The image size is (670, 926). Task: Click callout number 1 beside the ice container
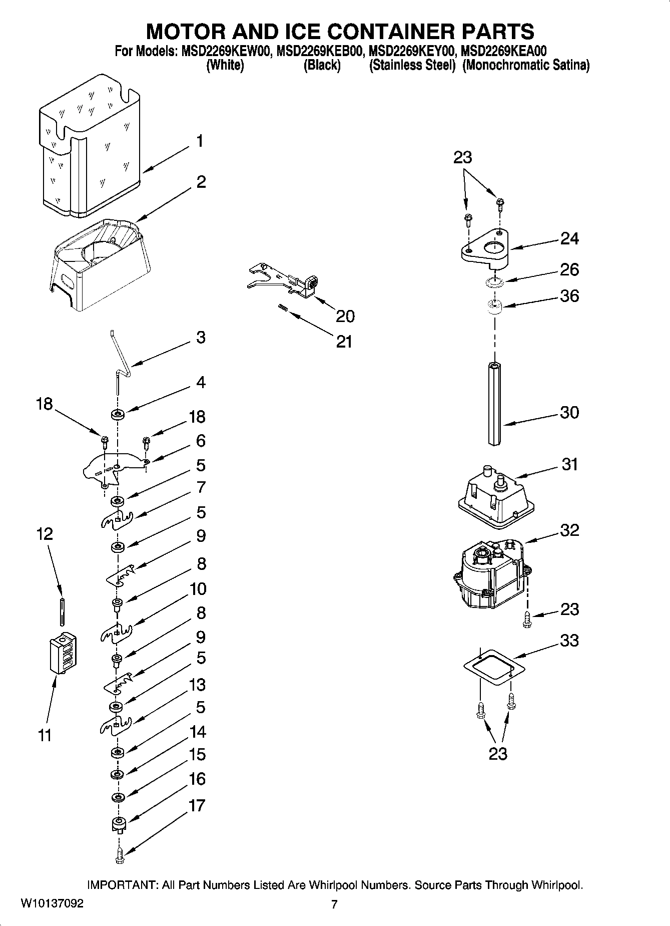tap(199, 141)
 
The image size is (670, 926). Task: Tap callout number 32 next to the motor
tap(569, 530)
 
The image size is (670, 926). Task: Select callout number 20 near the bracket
tap(345, 316)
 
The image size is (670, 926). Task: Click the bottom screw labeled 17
tap(119, 856)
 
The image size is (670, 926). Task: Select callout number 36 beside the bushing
tap(569, 296)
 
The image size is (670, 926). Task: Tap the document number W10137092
tap(52, 904)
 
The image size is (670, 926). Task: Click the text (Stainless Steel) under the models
tap(412, 66)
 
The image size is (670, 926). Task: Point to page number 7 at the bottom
tap(334, 904)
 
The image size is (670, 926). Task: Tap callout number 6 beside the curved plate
tap(201, 441)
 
